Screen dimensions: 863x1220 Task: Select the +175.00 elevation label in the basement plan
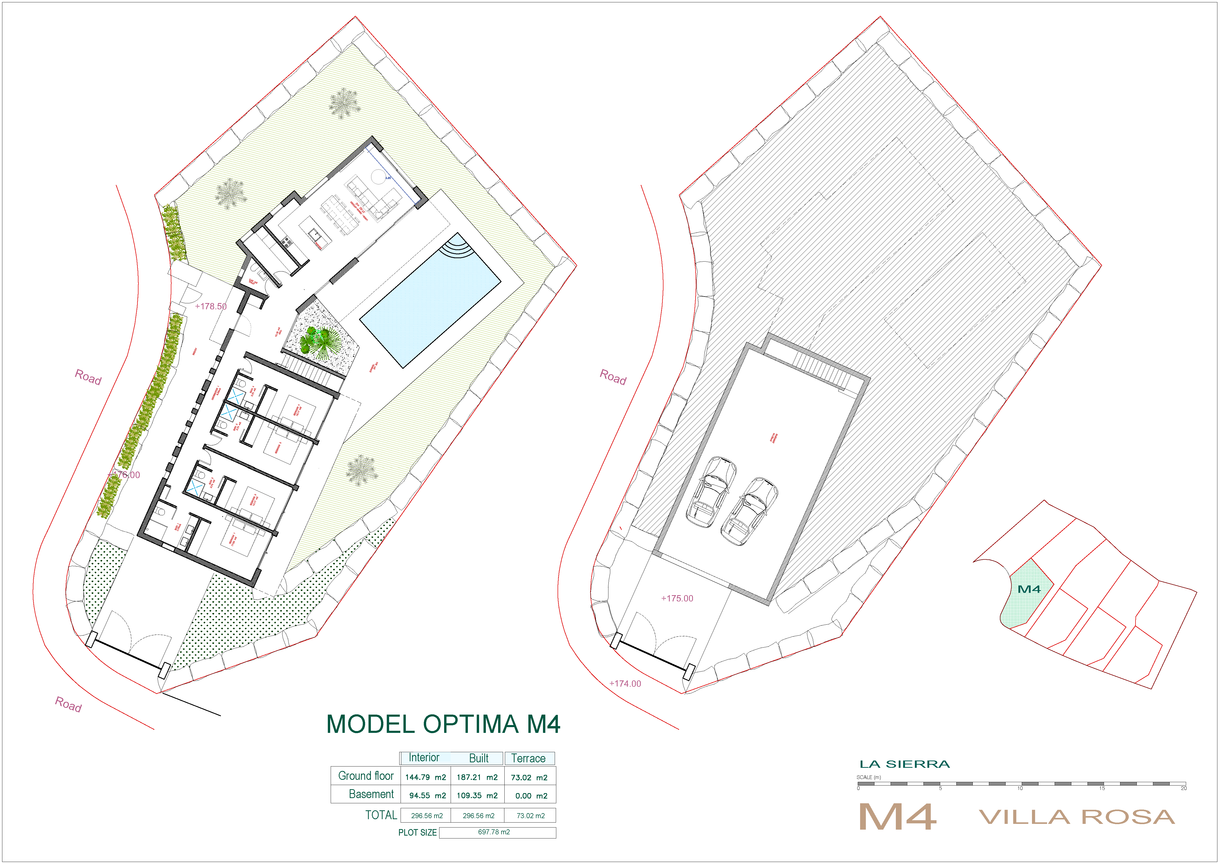[x=677, y=598]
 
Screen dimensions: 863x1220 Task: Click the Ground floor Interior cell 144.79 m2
[x=425, y=777]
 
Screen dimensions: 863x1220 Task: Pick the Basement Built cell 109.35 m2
[x=477, y=795]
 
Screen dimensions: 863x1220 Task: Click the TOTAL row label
[x=381, y=815]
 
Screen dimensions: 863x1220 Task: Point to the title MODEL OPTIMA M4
[x=443, y=724]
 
